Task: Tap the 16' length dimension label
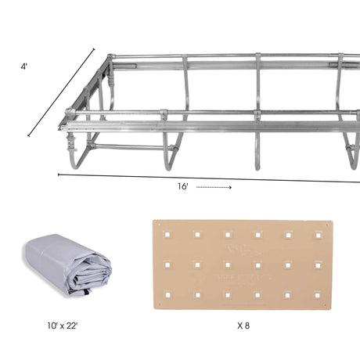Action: click(x=182, y=187)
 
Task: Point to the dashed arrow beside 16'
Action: click(x=214, y=188)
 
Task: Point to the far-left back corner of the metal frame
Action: click(x=110, y=58)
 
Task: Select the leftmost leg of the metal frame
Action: click(x=75, y=153)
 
